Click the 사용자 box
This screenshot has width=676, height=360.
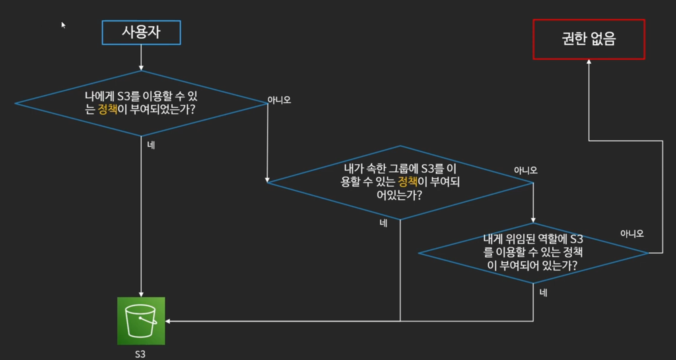(x=141, y=32)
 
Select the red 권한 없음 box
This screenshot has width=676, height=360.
(x=589, y=39)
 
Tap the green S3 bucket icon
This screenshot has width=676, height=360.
(x=141, y=321)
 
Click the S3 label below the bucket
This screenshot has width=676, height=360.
(x=140, y=354)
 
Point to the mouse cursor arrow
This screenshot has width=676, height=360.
(x=63, y=25)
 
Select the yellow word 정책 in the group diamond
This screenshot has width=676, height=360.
(x=408, y=182)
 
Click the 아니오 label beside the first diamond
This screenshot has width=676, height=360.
(x=279, y=100)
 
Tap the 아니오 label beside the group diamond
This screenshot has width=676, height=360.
(x=525, y=170)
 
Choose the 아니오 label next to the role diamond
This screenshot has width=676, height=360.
(x=631, y=234)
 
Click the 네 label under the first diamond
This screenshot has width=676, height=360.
(x=151, y=145)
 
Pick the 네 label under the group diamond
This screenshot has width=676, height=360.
(x=383, y=223)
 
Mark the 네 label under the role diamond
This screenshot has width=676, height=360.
(x=543, y=293)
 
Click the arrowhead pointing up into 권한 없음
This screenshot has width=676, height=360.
(x=589, y=62)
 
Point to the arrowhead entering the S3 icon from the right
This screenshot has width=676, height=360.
(x=168, y=321)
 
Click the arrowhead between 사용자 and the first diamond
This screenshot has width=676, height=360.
(x=141, y=68)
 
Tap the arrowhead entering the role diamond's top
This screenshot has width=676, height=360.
(x=533, y=220)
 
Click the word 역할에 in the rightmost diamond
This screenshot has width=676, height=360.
(x=552, y=239)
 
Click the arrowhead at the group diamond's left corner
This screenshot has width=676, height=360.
(x=268, y=180)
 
